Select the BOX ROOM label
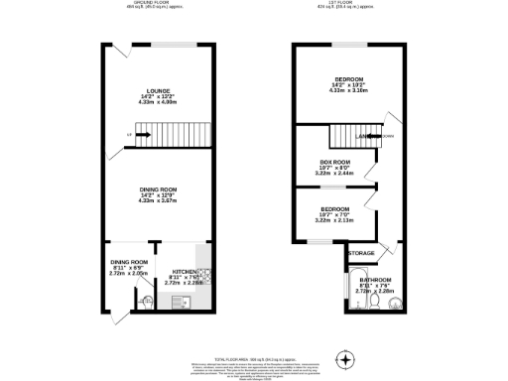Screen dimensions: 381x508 click(333, 162)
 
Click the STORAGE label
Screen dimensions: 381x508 click(361, 253)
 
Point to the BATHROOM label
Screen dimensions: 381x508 click(375, 280)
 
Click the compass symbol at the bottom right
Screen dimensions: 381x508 click(346, 358)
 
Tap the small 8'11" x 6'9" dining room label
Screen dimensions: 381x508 click(129, 267)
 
